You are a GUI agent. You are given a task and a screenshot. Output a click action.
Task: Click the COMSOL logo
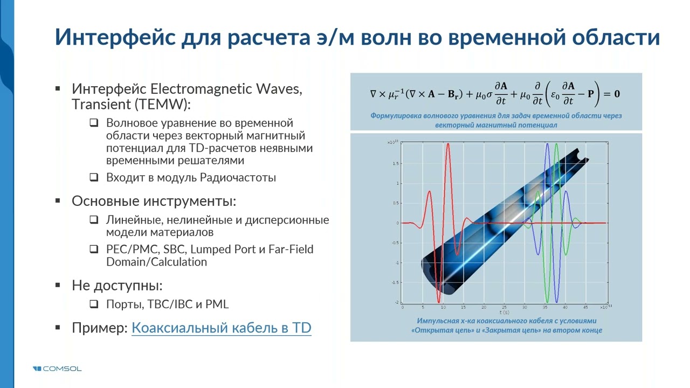point(57,369)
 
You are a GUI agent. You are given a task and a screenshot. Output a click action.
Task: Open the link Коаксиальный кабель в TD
point(221,328)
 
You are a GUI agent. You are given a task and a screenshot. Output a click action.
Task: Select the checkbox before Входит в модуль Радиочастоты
point(94,177)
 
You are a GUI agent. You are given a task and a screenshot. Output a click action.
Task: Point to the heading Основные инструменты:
point(154,201)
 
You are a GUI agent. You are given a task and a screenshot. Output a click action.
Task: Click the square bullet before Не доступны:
point(58,286)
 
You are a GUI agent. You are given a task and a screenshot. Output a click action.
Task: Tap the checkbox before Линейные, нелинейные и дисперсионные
point(94,220)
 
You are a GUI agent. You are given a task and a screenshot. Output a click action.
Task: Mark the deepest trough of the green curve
point(548,302)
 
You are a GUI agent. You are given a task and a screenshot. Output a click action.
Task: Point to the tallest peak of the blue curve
point(547,144)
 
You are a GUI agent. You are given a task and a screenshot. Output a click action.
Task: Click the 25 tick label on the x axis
point(504,307)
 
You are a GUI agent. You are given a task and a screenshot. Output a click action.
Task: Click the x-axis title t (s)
point(504,313)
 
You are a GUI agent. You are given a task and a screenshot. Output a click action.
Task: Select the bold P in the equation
point(590,94)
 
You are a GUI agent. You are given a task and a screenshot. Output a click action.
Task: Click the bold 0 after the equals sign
point(617,94)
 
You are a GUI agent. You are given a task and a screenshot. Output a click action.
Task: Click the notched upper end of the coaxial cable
point(579,155)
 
